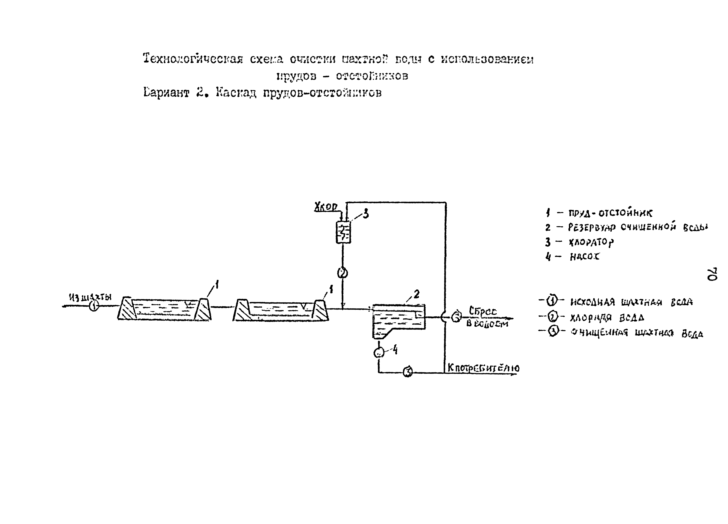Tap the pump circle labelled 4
pos(379,353)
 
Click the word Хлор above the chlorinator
pos(325,207)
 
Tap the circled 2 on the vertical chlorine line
pos(342,273)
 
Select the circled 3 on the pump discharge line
pos(407,372)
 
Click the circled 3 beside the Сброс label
pos(456,317)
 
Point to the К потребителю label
pos(483,368)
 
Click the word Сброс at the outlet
pos(482,311)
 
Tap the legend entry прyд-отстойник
pos(610,213)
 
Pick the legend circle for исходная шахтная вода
pos(551,301)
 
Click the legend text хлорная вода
pos(607,318)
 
